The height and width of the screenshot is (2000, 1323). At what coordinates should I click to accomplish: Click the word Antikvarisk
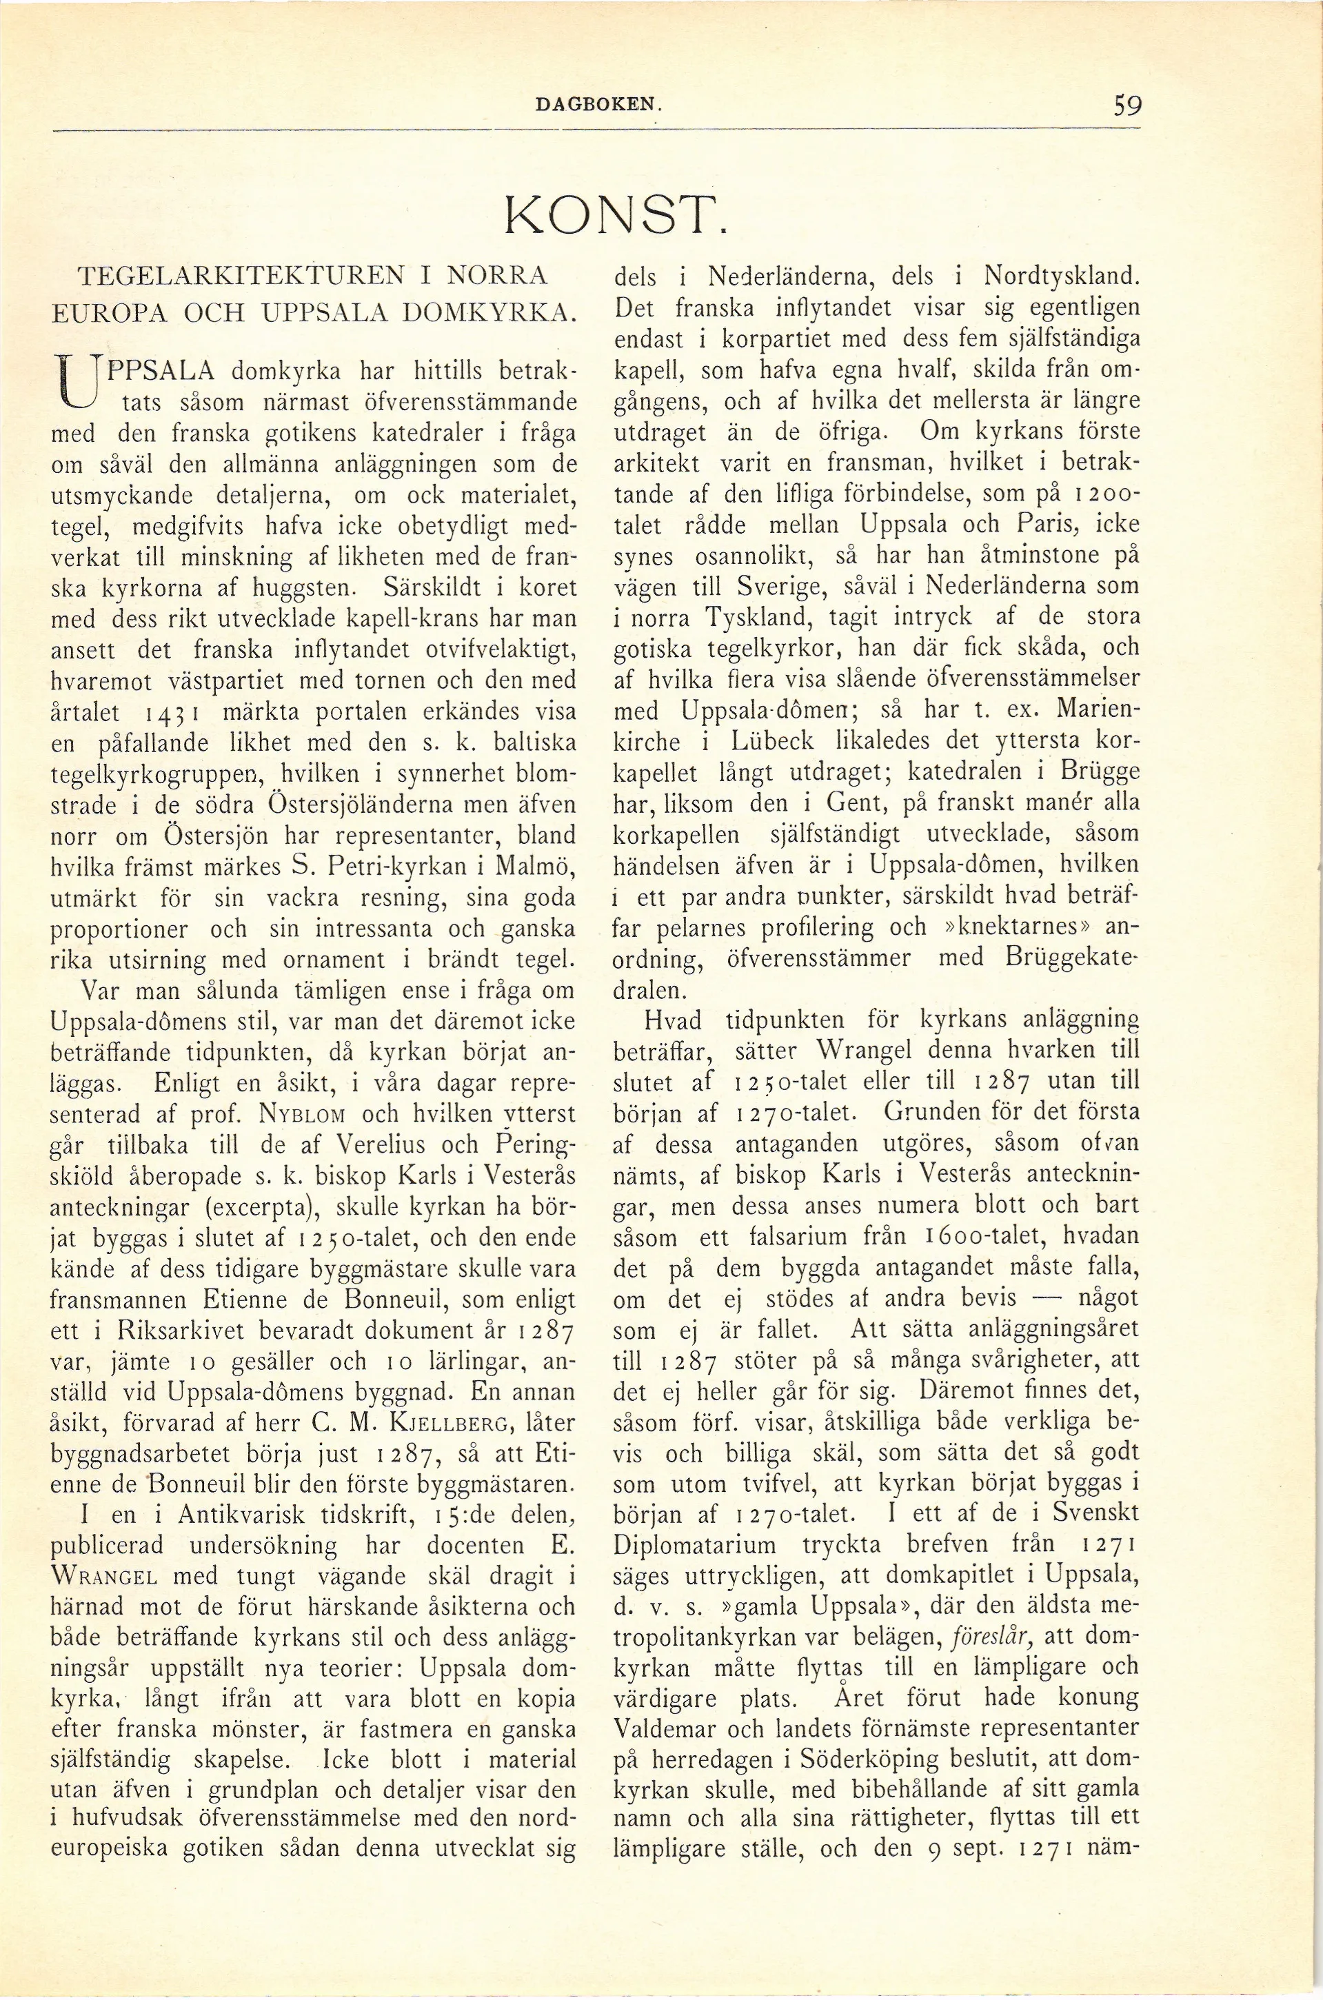click(x=249, y=1514)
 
